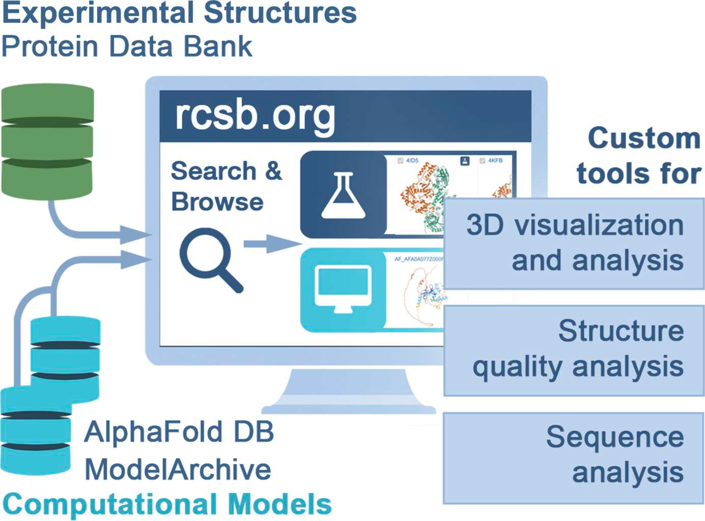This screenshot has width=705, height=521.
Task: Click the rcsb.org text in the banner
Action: tap(255, 116)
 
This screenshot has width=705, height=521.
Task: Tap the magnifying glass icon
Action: tap(210, 259)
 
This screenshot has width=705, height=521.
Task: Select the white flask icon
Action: tap(343, 196)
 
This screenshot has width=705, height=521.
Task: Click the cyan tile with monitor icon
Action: tap(343, 290)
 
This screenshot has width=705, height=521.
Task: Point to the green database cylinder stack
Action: tap(47, 141)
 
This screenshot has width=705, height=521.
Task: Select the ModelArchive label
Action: tap(178, 469)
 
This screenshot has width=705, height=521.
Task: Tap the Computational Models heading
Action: tap(167, 505)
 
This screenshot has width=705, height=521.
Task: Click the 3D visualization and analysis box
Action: tap(574, 243)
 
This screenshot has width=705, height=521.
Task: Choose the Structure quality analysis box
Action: tap(574, 350)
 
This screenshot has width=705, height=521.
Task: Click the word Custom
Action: tap(644, 138)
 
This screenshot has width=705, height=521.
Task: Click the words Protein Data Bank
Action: tap(127, 47)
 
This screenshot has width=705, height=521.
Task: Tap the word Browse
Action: tap(217, 202)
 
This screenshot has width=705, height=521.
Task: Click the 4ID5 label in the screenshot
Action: tap(412, 161)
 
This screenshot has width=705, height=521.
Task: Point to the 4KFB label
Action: tap(495, 161)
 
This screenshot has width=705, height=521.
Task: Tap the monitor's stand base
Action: tap(348, 408)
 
